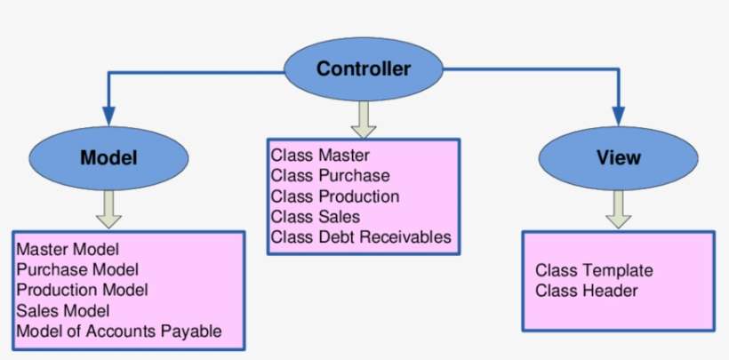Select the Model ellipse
(108, 158)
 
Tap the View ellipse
(618, 158)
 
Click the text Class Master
(313, 156)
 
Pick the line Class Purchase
(331, 176)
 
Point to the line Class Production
(335, 196)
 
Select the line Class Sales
(316, 217)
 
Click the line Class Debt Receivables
(361, 237)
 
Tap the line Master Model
(68, 249)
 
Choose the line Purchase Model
(77, 269)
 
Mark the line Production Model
(82, 290)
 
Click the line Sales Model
(62, 310)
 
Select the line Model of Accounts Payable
(118, 332)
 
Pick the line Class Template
(594, 270)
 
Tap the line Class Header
(587, 291)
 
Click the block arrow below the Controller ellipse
(363, 117)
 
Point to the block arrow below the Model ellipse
(108, 209)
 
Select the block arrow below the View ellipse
(619, 209)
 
